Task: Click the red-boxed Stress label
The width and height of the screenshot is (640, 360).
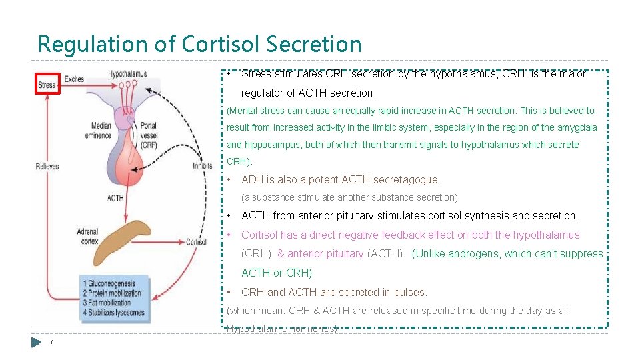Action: [x=47, y=85]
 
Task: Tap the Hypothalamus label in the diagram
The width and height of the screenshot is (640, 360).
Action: [x=127, y=73]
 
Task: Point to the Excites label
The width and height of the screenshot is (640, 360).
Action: [x=75, y=79]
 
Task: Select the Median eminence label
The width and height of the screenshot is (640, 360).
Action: [x=100, y=130]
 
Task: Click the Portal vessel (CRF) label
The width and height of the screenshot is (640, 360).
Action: [x=149, y=135]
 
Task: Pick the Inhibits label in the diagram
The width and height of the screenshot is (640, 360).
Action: [x=202, y=166]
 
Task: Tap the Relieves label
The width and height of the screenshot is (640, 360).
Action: [x=47, y=166]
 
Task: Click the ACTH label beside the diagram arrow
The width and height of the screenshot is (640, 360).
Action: [x=115, y=198]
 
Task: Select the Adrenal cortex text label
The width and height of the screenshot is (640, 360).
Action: [x=87, y=237]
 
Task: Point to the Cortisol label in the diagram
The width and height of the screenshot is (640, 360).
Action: [x=196, y=242]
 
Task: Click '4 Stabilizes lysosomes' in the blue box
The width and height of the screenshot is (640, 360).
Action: [x=113, y=312]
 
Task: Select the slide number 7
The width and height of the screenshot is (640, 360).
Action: [x=51, y=343]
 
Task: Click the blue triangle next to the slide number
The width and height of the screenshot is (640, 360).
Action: [x=37, y=343]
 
